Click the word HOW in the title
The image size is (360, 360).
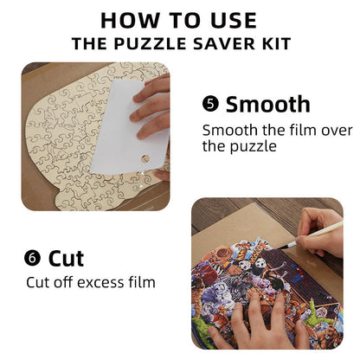[125, 20]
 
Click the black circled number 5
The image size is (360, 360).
[210, 106]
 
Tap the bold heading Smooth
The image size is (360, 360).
[267, 106]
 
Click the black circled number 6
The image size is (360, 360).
[32, 258]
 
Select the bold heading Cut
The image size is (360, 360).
[67, 258]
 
